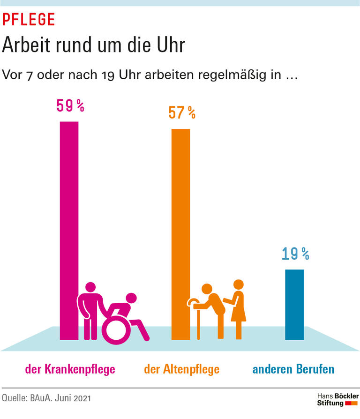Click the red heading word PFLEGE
[x=29, y=19]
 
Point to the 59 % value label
[x=70, y=106]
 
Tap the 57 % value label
[x=181, y=112]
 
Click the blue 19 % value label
[x=295, y=254]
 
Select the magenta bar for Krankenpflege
[x=69, y=211]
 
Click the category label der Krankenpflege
[x=70, y=369]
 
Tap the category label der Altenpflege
[x=181, y=369]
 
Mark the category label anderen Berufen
[x=293, y=369]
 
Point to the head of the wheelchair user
[x=131, y=298]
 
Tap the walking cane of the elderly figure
[x=199, y=319]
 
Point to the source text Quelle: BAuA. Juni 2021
[x=46, y=398]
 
